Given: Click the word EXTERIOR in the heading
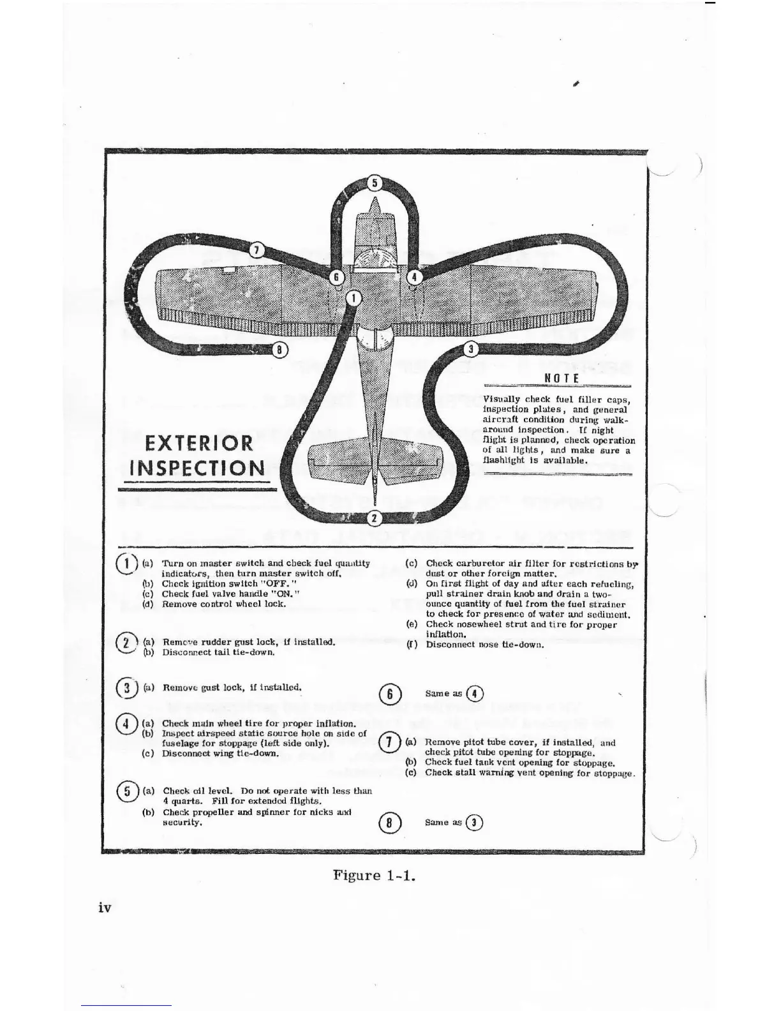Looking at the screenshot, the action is click(198, 442).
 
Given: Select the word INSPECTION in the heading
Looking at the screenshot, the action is click(197, 468).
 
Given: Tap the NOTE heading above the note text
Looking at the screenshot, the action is click(562, 378).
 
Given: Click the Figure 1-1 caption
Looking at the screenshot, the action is click(375, 874).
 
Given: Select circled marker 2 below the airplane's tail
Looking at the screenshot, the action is click(375, 517).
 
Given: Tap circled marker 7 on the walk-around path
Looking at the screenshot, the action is click(256, 250).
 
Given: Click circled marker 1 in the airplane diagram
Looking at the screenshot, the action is click(354, 297).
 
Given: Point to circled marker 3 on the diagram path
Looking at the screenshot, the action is click(471, 348).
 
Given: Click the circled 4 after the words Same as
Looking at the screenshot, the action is click(474, 694).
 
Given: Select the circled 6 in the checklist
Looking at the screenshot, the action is click(388, 694).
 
